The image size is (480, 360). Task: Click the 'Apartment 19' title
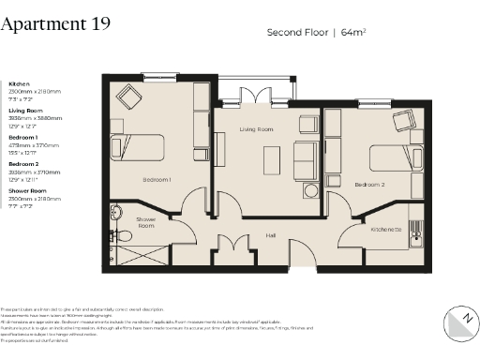(55, 24)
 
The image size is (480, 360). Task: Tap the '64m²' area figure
(352, 32)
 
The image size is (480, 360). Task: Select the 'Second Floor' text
(294, 32)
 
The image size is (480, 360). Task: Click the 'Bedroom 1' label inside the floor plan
(156, 178)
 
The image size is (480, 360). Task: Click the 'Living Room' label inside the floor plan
(255, 128)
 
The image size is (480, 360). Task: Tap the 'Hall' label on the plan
(270, 235)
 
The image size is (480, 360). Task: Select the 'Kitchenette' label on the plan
(386, 229)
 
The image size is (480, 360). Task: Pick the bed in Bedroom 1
(138, 149)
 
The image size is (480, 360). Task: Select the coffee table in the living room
(270, 160)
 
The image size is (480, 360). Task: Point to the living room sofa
(305, 161)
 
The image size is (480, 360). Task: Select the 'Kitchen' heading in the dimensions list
(19, 84)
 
